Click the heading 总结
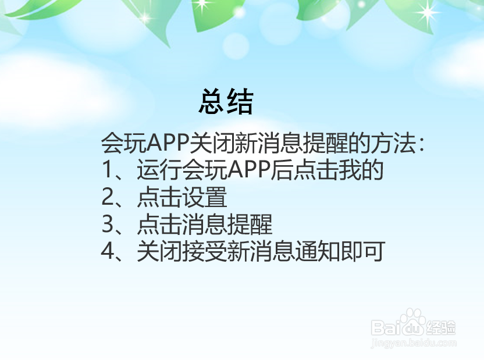coord(226,102)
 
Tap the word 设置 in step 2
coord(204,198)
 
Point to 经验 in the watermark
coord(442,327)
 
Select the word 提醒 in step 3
coord(250,224)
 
